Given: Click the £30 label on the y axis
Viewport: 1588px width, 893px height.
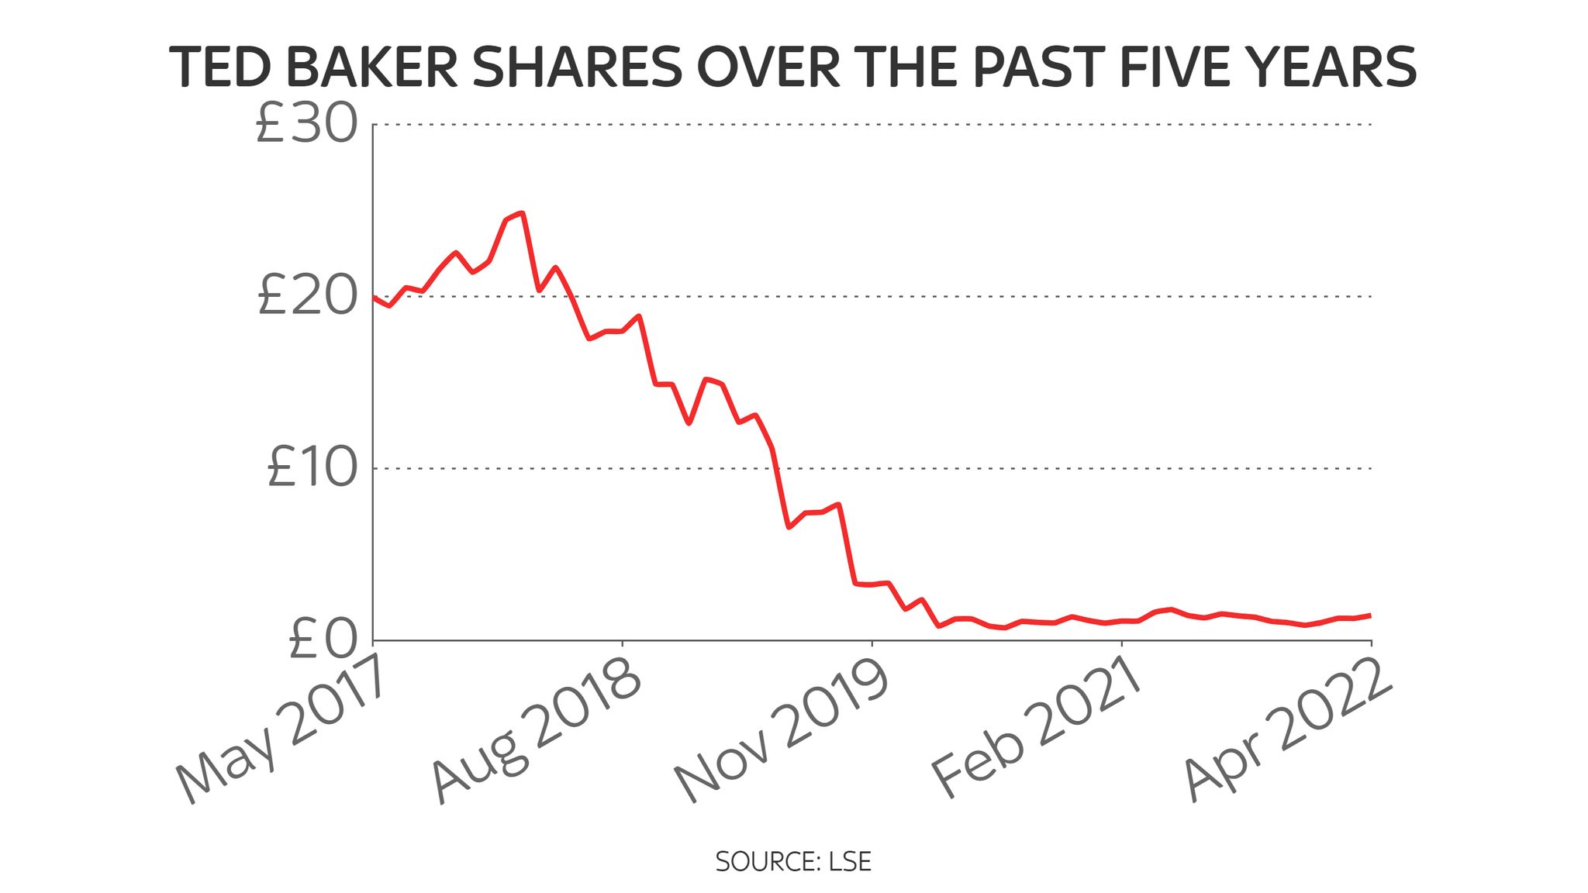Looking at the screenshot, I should [306, 125].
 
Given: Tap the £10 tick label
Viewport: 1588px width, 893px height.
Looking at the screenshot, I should [312, 468].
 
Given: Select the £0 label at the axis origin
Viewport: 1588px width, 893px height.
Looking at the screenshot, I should [323, 641].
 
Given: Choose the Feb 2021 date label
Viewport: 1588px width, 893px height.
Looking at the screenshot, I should [1035, 729].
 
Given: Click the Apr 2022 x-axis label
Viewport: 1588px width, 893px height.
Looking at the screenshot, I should [1287, 729].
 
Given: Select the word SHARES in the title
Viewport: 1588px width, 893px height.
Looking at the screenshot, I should [578, 67].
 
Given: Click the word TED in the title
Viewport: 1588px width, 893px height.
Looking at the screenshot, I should [221, 67].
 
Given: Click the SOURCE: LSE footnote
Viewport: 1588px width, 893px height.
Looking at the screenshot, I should [793, 861].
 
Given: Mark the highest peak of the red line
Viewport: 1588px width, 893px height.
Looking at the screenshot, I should [523, 212].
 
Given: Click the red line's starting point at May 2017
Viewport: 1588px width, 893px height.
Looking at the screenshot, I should [374, 297].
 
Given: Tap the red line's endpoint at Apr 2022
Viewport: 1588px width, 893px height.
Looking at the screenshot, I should [1370, 615].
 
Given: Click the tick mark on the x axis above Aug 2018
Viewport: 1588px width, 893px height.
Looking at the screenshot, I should [623, 644].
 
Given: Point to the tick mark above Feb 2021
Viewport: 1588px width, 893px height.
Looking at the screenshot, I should [1121, 644].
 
